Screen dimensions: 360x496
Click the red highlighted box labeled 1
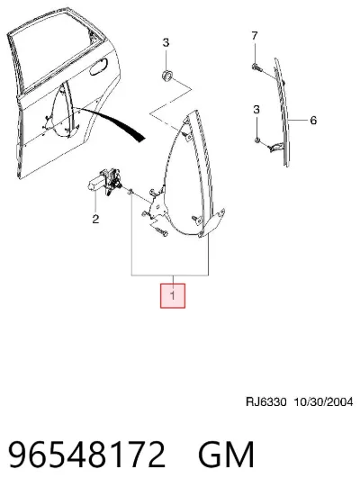[x=173, y=295]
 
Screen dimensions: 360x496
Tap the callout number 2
[x=95, y=219]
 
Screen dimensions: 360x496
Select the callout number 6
[x=313, y=121]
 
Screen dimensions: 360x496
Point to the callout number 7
[x=255, y=36]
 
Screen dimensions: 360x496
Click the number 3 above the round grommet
[x=166, y=42]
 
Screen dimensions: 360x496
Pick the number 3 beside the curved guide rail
[x=256, y=110]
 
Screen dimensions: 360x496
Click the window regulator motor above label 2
[x=104, y=182]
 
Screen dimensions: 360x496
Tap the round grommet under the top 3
[x=166, y=76]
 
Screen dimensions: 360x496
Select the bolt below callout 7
[x=256, y=67]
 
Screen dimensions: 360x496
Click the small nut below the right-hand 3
[x=257, y=140]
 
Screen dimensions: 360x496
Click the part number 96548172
[x=87, y=455]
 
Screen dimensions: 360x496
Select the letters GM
[x=226, y=455]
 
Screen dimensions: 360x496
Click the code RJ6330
[x=266, y=402]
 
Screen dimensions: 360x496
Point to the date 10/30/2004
[x=323, y=402]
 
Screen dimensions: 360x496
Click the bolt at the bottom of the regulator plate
[x=162, y=232]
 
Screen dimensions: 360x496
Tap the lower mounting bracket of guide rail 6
[x=277, y=147]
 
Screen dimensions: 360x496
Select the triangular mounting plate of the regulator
[x=157, y=204]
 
